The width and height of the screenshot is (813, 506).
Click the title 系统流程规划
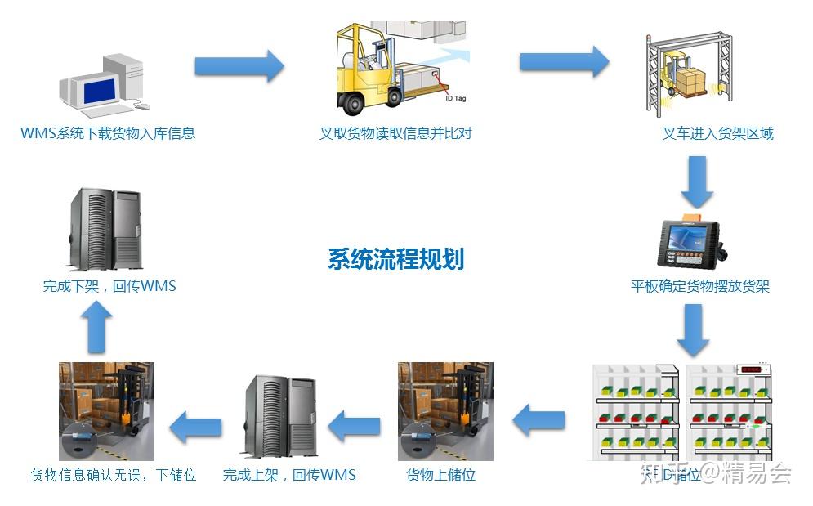395,259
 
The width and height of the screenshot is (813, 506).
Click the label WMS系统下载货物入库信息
108,133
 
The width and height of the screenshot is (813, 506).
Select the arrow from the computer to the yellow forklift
239,66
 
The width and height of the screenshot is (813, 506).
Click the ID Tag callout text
454,98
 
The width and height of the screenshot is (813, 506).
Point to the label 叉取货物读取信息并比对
395,133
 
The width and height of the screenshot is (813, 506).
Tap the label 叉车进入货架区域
717,133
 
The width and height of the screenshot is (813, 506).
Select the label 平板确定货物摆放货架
700,286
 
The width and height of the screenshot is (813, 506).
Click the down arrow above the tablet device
696,182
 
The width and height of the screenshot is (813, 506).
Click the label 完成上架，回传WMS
289,475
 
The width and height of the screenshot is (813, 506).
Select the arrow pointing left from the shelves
539,421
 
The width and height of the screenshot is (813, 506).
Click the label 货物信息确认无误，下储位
114,475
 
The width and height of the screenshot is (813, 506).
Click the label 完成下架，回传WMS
109,286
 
